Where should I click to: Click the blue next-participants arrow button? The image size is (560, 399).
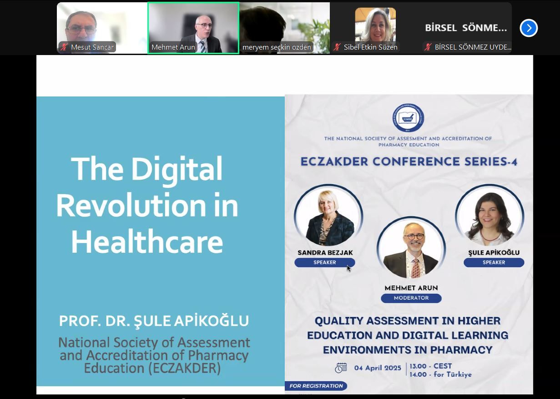(x=529, y=28)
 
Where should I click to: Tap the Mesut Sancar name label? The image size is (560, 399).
(x=92, y=47)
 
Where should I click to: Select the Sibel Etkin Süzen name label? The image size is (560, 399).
(x=370, y=47)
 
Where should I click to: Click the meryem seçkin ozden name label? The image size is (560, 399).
(x=277, y=47)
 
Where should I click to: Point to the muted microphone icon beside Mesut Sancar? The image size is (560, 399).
(x=64, y=47)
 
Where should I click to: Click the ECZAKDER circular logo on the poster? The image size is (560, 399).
(x=408, y=118)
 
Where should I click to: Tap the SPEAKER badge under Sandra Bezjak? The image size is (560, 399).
(x=324, y=262)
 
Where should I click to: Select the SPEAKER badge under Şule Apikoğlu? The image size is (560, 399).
(x=494, y=262)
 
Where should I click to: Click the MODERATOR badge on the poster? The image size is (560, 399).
(x=411, y=298)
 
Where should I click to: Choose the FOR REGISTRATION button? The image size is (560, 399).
(x=316, y=386)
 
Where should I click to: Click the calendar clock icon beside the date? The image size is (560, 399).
(x=341, y=368)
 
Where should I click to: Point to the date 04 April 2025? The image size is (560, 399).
(x=378, y=368)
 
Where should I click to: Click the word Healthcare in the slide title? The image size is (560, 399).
(x=147, y=242)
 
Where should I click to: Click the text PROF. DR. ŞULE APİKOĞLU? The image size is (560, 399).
(x=154, y=321)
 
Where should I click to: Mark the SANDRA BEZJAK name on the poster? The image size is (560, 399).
(x=325, y=253)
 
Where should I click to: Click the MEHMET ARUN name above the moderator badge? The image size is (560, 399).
(x=411, y=288)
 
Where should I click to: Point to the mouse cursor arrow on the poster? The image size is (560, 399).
(x=348, y=268)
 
